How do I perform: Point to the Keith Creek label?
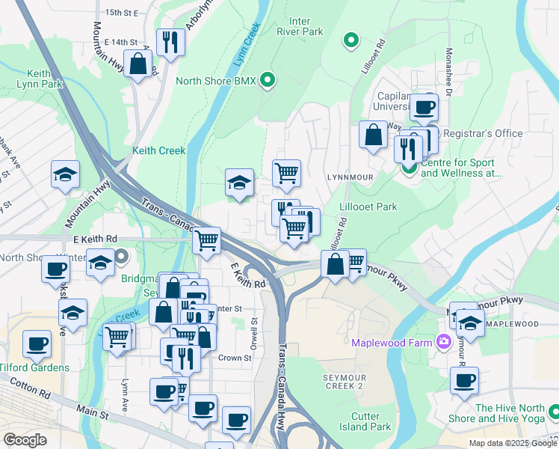coord(158,150)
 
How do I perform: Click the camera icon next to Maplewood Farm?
coord(445,342)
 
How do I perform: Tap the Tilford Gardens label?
coord(34,367)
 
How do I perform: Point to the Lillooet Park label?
coord(368,207)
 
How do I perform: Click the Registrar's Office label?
coord(483,133)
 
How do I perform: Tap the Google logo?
coord(25,440)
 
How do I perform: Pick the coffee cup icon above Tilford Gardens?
coord(37,344)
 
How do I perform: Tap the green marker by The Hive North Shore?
coord(554,412)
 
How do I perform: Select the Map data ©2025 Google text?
coord(512,442)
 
